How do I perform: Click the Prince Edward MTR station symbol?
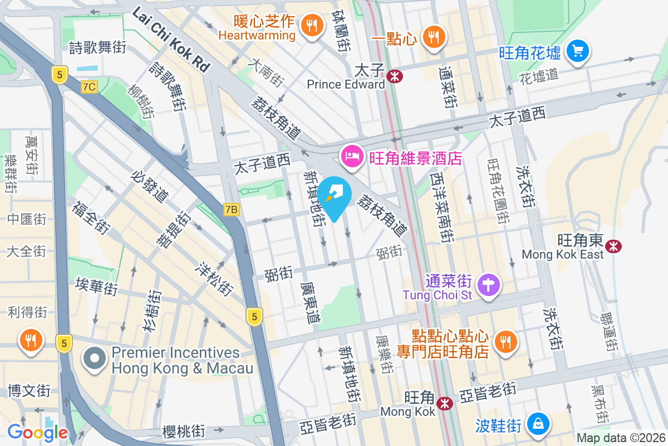point(396,76)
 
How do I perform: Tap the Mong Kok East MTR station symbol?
point(615,246)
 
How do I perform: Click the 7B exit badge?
point(232,210)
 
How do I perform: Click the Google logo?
point(37,432)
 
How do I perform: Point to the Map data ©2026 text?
point(621,438)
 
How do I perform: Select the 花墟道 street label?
point(538,75)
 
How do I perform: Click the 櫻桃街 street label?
point(184,431)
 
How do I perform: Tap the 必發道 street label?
point(149,186)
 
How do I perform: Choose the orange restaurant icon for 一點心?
point(433,37)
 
